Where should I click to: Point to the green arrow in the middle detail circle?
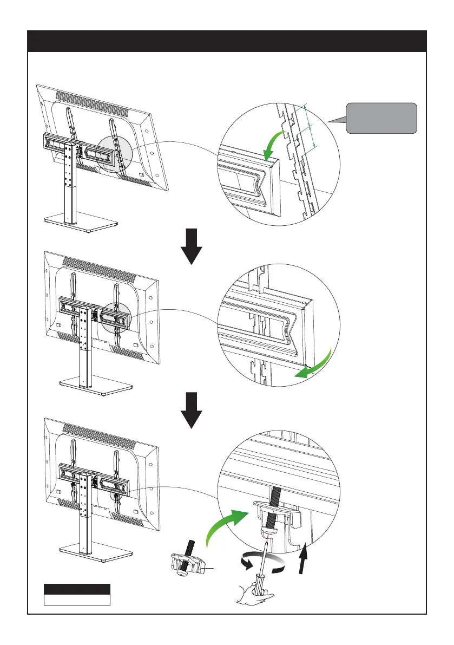pyautogui.click(x=311, y=369)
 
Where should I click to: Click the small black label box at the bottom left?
pyautogui.click(x=77, y=589)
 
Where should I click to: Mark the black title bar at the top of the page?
pyautogui.click(x=227, y=41)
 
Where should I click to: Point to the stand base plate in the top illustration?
pyautogui.click(x=80, y=224)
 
